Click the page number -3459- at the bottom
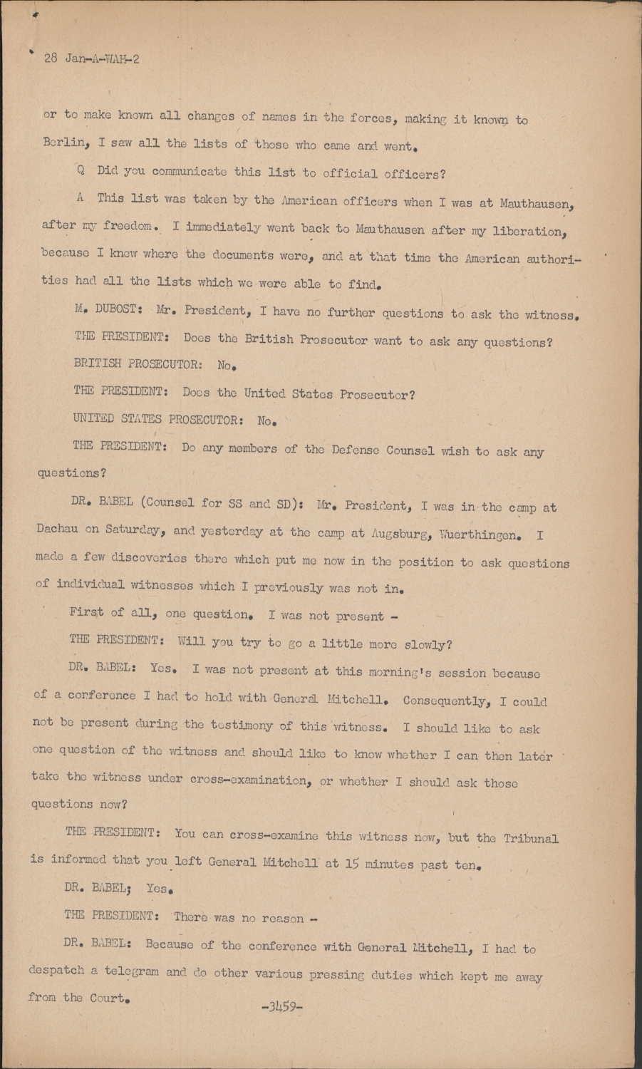pyautogui.click(x=282, y=1008)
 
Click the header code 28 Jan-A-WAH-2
pyautogui.click(x=91, y=59)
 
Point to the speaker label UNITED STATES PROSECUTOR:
pyautogui.click(x=157, y=419)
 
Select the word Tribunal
pyautogui.click(x=531, y=838)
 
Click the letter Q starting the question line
pyautogui.click(x=81, y=172)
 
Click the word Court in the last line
pyautogui.click(x=108, y=998)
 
